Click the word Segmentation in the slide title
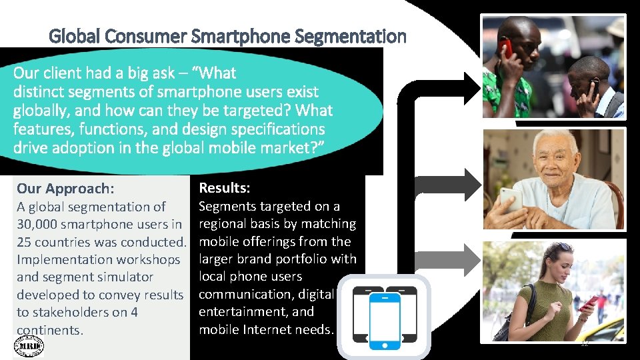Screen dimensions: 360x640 365,36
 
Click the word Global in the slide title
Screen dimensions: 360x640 72,36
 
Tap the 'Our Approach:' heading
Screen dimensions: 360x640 65,189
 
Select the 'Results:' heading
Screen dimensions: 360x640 225,189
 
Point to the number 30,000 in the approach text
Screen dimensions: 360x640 39,224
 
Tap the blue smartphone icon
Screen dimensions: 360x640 385,321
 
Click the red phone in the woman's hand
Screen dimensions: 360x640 589,304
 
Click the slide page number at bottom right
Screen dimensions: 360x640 584,344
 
